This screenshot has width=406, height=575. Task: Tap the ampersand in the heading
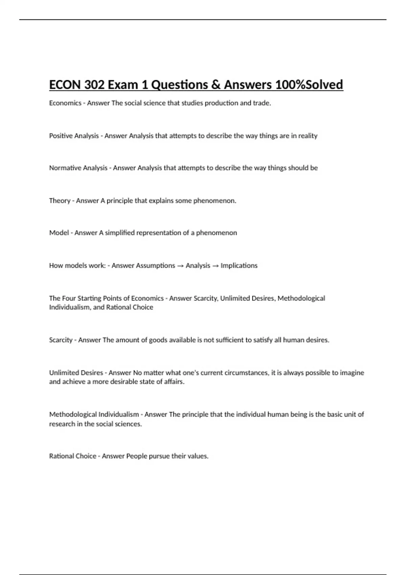pyautogui.click(x=216, y=85)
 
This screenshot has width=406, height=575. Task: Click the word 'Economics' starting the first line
pyautogui.click(x=65, y=103)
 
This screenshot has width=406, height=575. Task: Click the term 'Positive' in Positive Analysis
pyautogui.click(x=61, y=136)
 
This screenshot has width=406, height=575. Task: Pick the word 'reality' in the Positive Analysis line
pyautogui.click(x=308, y=136)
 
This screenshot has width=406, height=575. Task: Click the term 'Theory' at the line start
pyautogui.click(x=60, y=201)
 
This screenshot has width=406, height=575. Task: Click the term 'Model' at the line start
pyautogui.click(x=59, y=233)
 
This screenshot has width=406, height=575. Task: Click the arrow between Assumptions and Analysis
pyautogui.click(x=180, y=266)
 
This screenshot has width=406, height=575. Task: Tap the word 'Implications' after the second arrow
pyautogui.click(x=239, y=266)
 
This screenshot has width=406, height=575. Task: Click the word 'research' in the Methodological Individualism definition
pyautogui.click(x=62, y=424)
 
